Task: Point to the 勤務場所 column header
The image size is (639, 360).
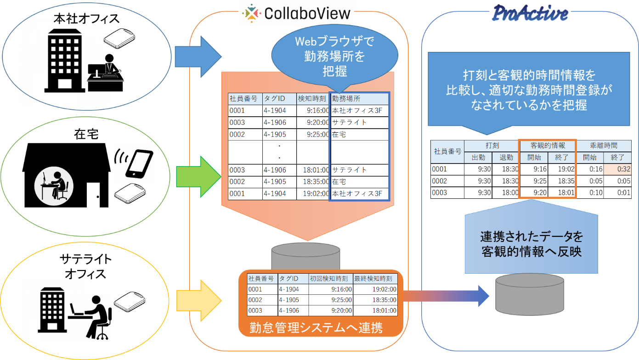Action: [359, 98]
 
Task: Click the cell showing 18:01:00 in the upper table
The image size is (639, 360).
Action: [313, 170]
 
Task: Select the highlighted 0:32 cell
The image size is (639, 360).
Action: [617, 169]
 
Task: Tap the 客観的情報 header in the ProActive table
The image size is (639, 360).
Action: [548, 146]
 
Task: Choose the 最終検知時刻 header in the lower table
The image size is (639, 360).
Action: [375, 279]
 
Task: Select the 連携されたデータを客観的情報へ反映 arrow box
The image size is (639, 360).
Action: [531, 243]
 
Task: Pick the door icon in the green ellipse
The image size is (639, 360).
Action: [93, 195]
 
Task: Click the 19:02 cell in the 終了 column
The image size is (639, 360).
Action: [561, 169]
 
